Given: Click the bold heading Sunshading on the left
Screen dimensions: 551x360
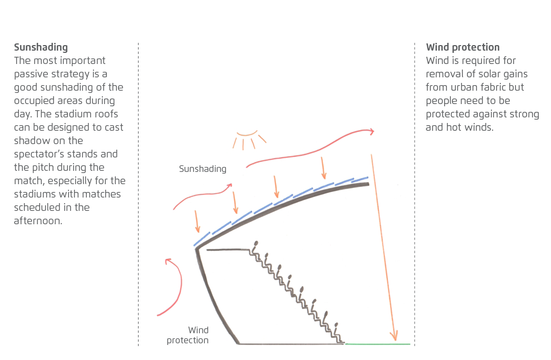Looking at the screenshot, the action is pos(41,47).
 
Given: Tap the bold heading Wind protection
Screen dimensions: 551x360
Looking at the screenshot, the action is pos(463,47).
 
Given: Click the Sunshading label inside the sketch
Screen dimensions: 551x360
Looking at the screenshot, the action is pos(203,169).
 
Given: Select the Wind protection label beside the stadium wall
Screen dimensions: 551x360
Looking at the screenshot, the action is pos(188,335).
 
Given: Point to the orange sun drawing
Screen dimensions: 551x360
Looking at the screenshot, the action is pos(249,140).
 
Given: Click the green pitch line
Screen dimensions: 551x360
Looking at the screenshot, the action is pos(378,344).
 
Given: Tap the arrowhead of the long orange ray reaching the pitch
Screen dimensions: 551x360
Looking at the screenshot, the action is pos(394,336).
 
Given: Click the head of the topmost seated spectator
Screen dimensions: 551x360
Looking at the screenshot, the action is pos(256,243).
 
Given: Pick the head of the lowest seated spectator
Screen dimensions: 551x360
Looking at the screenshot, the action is pos(336,325).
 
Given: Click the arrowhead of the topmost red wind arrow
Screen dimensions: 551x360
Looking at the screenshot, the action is pos(371,131).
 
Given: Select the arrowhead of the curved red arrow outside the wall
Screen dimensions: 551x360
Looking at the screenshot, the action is pos(168,261).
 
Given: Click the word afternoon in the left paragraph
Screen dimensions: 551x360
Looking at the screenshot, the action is pos(37,221).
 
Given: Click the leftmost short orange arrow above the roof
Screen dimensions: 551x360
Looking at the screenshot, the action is pos(197,221).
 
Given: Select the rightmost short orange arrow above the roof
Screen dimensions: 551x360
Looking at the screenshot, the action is pos(323,168).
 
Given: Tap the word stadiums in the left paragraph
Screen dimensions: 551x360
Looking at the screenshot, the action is pos(35,194).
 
